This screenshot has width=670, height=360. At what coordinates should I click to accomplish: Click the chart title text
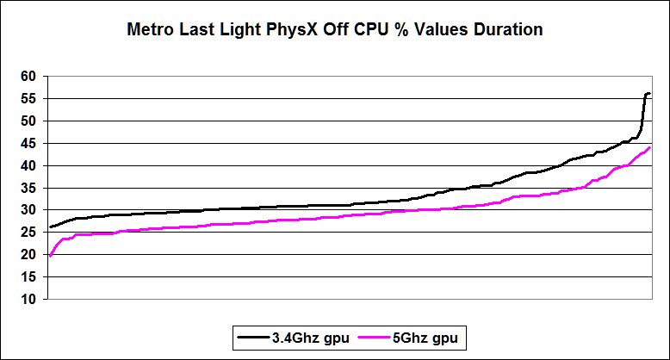(335, 30)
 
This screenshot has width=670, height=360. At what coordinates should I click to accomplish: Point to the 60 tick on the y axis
(28, 77)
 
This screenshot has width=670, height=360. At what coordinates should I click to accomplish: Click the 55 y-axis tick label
(28, 99)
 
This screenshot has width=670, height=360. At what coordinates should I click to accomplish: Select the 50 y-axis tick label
(28, 121)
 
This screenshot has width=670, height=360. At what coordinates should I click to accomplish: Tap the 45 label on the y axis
(28, 144)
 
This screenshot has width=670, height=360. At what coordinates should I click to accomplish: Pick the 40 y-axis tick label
(28, 165)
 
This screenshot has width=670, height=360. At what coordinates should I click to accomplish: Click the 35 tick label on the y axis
(28, 188)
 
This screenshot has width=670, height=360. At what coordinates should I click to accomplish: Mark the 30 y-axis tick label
(28, 210)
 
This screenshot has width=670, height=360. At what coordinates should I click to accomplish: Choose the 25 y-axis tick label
(28, 233)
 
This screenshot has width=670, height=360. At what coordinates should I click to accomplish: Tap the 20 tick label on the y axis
(28, 255)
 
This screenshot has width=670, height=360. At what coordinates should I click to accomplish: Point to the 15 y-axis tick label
(28, 277)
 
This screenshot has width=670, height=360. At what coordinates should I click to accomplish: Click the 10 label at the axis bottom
(28, 300)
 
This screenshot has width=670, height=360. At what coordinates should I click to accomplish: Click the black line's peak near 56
(648, 93)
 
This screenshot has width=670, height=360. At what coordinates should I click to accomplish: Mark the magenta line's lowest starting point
(50, 256)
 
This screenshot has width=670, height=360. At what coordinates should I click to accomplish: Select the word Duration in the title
(506, 30)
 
